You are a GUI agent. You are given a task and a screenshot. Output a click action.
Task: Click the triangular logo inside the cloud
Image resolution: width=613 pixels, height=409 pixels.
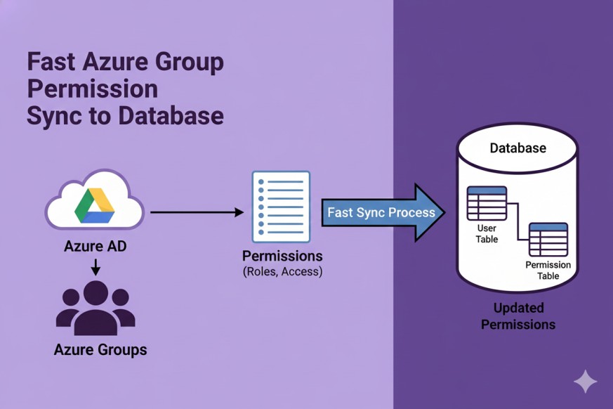point(95,206)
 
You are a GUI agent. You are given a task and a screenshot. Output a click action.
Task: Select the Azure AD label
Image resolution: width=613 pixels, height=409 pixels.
point(95,247)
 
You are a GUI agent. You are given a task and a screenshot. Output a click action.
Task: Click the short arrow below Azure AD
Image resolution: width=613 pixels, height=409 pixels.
point(95,267)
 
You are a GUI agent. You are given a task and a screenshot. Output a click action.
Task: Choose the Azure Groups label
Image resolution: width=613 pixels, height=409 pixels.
point(100,349)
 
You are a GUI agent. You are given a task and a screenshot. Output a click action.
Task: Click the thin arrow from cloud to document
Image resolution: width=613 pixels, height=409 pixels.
point(197,211)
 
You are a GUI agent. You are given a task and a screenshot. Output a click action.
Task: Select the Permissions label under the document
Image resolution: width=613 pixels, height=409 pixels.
point(282,255)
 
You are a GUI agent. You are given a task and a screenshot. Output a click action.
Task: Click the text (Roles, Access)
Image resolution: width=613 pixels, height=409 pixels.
point(282,271)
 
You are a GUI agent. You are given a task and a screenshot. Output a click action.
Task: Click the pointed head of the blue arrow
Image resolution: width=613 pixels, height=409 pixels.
point(430,212)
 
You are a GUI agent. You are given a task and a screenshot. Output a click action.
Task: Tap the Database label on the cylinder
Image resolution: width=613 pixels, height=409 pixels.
point(518,148)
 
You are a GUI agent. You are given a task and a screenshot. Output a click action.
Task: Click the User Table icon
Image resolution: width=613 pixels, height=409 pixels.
point(487,204)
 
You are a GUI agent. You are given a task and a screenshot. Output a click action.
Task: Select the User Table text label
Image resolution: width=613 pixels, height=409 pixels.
point(487,234)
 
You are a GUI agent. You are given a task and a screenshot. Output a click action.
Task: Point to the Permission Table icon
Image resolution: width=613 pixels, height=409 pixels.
point(548,240)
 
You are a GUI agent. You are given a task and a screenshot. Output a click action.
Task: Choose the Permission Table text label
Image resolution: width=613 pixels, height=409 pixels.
point(548,271)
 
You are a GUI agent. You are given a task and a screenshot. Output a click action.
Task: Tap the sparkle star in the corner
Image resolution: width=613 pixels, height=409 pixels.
point(585,382)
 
